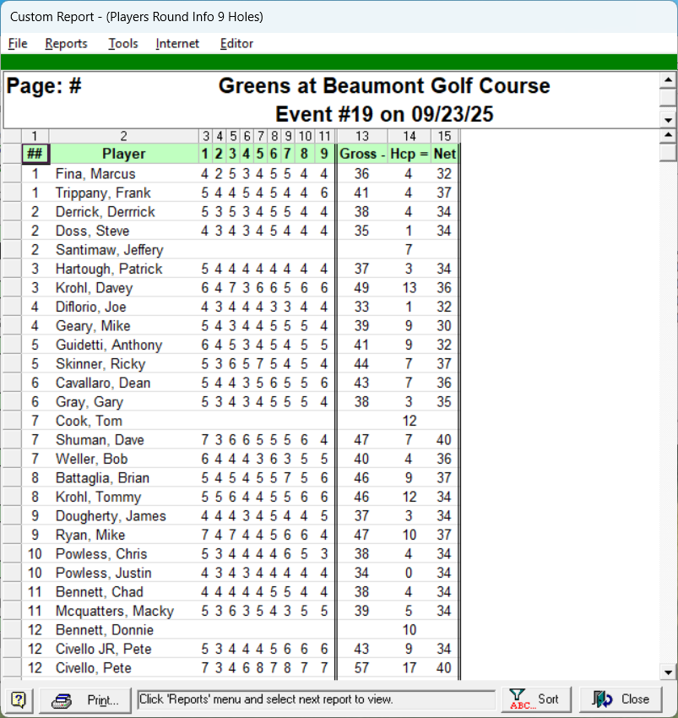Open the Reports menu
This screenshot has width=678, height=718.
point(66,44)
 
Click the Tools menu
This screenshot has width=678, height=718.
point(122,44)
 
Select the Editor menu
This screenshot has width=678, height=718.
point(236,44)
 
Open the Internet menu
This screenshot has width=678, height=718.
point(177,44)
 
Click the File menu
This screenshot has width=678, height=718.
point(18,44)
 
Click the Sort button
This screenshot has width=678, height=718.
point(536,699)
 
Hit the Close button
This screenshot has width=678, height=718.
point(621,699)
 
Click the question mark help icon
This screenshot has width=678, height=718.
point(19,699)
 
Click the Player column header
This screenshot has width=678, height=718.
point(123,154)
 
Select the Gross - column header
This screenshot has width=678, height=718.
point(361,154)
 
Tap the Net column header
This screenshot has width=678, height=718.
point(444,154)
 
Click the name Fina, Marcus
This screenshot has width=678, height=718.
point(89,174)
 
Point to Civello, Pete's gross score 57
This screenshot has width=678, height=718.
point(361,668)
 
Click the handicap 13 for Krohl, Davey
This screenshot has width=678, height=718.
point(409,288)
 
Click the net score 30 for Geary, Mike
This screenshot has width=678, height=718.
point(444,326)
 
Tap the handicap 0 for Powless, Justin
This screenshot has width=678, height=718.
point(409,573)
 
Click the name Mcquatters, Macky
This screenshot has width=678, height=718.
point(114,611)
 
